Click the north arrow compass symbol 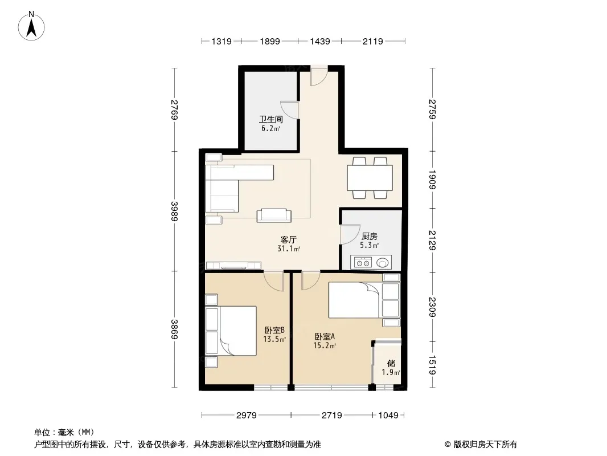click(x=31, y=26)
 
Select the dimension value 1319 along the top click(x=222, y=41)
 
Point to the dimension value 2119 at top click(x=373, y=41)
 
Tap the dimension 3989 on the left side click(x=175, y=211)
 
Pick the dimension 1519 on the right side click(x=432, y=365)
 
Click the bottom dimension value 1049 click(x=388, y=416)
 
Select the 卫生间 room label click(x=270, y=119)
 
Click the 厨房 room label click(x=370, y=236)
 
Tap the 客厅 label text click(x=288, y=240)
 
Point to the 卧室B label click(x=274, y=330)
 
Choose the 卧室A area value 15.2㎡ click(x=325, y=345)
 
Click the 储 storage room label click(x=391, y=363)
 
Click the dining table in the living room click(x=370, y=177)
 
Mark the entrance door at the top click(x=319, y=76)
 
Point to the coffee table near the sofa click(x=274, y=215)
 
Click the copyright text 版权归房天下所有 click(x=485, y=445)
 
